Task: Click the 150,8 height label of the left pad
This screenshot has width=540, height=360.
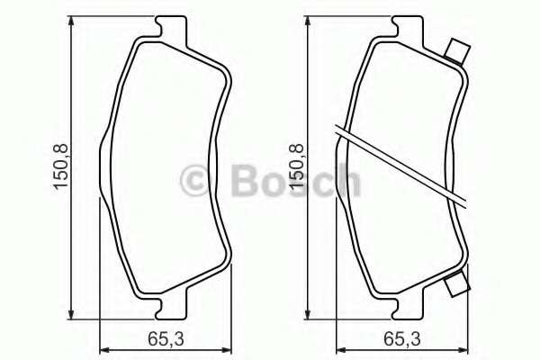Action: tap(60, 166)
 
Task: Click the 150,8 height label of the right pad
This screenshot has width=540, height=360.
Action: tap(297, 166)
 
